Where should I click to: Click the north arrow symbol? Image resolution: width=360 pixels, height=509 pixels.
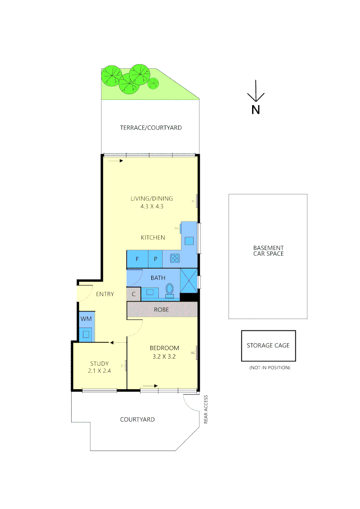[x=255, y=91]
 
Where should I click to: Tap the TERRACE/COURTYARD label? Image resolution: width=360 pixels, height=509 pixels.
[x=151, y=128]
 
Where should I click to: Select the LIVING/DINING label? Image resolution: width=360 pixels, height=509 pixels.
[x=152, y=198]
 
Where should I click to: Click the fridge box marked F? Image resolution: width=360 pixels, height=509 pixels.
[x=137, y=259]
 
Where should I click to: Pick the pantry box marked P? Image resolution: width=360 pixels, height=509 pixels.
[x=155, y=259]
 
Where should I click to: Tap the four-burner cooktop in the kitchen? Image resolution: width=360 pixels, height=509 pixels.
[x=175, y=258]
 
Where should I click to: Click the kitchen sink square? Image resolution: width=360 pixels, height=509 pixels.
[x=189, y=241]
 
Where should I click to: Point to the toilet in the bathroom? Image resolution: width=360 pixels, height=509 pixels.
[x=170, y=289]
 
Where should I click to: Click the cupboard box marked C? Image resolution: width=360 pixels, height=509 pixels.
[x=134, y=295]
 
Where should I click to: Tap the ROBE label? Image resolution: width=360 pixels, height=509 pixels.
[x=162, y=310]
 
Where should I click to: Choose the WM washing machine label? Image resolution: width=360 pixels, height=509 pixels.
[x=86, y=319]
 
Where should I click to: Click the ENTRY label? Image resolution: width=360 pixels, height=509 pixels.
[x=105, y=294]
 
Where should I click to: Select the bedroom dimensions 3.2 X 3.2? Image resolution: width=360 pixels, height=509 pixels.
[x=164, y=357]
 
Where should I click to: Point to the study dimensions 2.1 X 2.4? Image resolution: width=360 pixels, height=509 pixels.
[x=99, y=371]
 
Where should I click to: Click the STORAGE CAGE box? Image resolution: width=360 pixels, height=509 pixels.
[x=268, y=345]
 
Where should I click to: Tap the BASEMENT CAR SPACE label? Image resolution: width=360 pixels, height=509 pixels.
[x=268, y=251]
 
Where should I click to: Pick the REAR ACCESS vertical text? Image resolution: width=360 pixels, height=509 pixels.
[x=206, y=410]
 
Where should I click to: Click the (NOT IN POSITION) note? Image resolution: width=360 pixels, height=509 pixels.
[x=270, y=368]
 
